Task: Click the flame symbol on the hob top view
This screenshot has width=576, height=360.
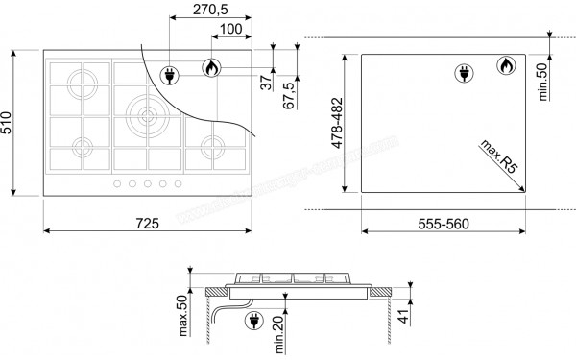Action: tap(211, 68)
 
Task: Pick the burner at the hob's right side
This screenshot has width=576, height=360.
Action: tap(211, 147)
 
